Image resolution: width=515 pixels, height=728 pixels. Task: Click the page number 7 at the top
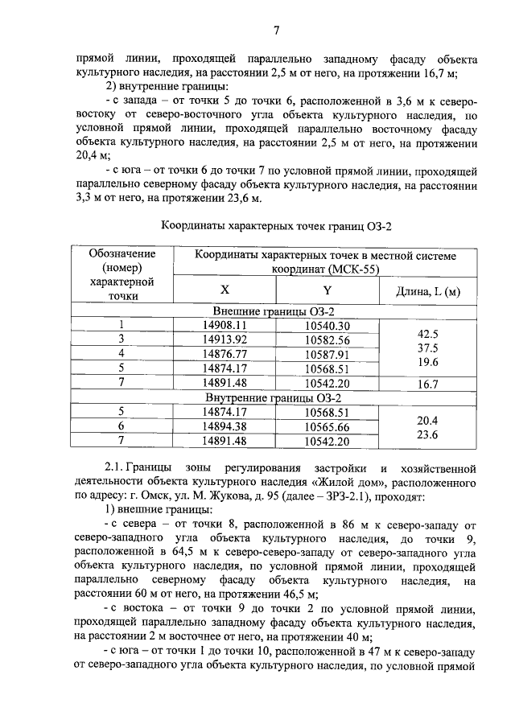(x=275, y=31)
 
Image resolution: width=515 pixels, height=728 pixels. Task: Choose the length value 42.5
(x=428, y=334)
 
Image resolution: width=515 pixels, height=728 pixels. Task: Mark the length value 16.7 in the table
(x=428, y=385)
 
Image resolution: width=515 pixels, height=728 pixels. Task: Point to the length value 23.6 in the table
(x=428, y=435)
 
